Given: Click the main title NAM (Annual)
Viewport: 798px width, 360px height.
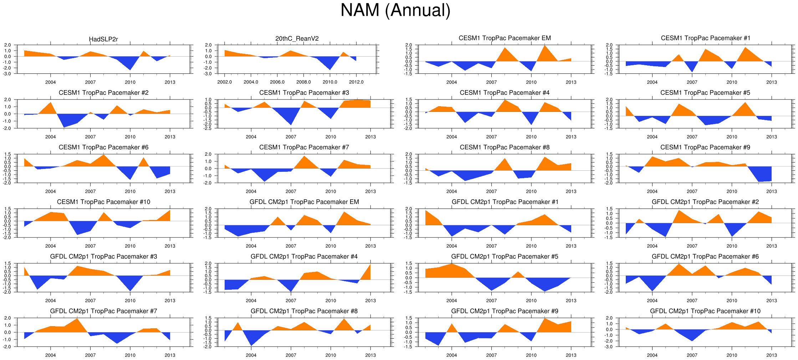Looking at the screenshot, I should click(x=395, y=10).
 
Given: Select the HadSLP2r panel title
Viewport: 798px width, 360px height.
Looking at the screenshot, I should click(x=103, y=39).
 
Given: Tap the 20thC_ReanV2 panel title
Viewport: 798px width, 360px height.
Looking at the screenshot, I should click(x=297, y=38).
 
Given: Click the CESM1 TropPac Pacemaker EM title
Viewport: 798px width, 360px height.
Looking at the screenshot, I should click(x=505, y=38).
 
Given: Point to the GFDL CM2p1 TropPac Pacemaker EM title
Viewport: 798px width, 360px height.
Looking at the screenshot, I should click(x=304, y=202).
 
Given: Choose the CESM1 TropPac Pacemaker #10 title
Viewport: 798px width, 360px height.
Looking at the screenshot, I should click(x=103, y=202).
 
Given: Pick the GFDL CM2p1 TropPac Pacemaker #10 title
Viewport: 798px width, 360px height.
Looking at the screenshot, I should click(x=705, y=311).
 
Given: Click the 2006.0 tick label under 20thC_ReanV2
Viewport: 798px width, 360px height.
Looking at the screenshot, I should click(x=277, y=82).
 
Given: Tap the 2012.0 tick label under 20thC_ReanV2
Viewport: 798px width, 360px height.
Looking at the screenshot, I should click(x=356, y=82).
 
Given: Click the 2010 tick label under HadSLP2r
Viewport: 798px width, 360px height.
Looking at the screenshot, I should click(x=130, y=82).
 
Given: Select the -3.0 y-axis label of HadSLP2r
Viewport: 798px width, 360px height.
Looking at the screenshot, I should click(x=7, y=74).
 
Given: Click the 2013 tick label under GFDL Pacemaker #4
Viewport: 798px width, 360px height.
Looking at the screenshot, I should click(x=370, y=300).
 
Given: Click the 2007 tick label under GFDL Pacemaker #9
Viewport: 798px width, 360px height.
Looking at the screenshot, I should click(x=491, y=355).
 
